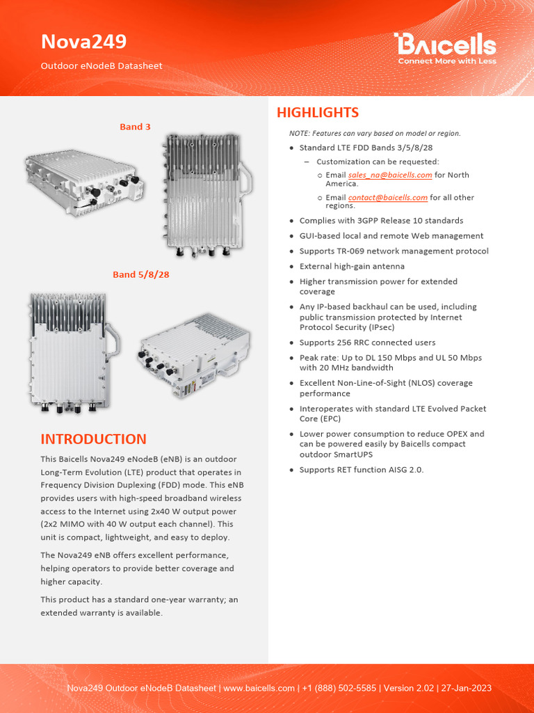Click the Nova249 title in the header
[x=83, y=42]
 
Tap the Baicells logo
[x=446, y=45]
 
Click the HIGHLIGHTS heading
[x=317, y=113]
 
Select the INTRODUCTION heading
[x=93, y=439]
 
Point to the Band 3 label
[x=135, y=127]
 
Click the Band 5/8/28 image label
[x=141, y=274]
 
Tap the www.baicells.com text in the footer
[x=259, y=688]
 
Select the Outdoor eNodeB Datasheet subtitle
[x=102, y=66]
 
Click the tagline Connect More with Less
[x=446, y=61]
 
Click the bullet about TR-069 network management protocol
[x=394, y=251]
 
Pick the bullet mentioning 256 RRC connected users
[x=367, y=343]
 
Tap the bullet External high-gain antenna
[x=352, y=266]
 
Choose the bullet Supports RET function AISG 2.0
[x=361, y=470]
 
